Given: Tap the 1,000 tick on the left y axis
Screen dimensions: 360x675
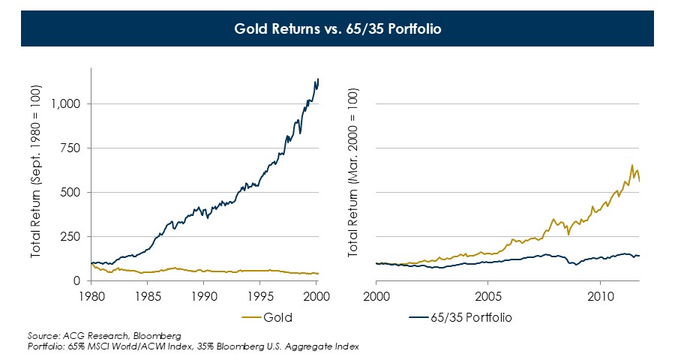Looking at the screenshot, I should coord(66,103).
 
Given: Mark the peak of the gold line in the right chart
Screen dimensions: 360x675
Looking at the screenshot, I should coord(632,165).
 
